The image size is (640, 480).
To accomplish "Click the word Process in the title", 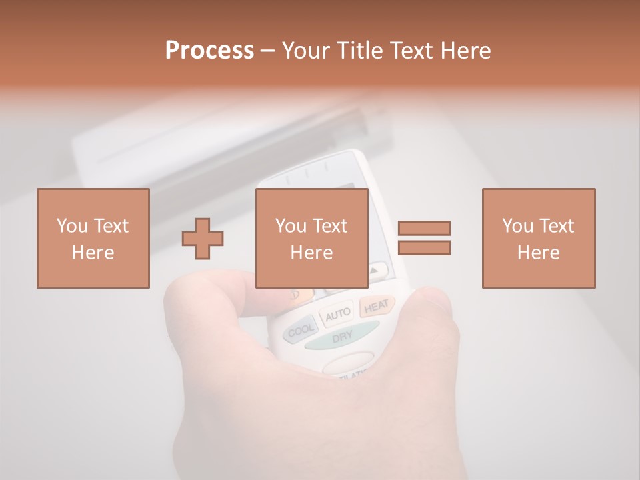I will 209,51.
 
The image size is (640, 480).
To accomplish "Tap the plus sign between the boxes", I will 203,239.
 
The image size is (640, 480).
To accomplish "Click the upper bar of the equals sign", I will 424,229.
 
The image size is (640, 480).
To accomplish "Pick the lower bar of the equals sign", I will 424,248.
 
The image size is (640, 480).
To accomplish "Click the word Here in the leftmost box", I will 93,253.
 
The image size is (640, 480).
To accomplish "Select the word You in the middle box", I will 291,226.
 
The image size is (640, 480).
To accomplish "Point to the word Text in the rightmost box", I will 557,226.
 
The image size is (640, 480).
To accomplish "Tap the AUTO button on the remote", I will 338,313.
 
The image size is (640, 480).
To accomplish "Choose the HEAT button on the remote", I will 376,306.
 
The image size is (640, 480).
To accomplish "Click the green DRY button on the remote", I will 342,336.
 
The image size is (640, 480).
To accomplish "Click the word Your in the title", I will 306,51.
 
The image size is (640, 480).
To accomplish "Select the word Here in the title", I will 467,51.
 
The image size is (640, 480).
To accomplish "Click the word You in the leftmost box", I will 72,226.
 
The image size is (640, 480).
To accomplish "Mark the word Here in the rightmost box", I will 538,253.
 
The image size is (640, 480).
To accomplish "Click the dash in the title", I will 268,51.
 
